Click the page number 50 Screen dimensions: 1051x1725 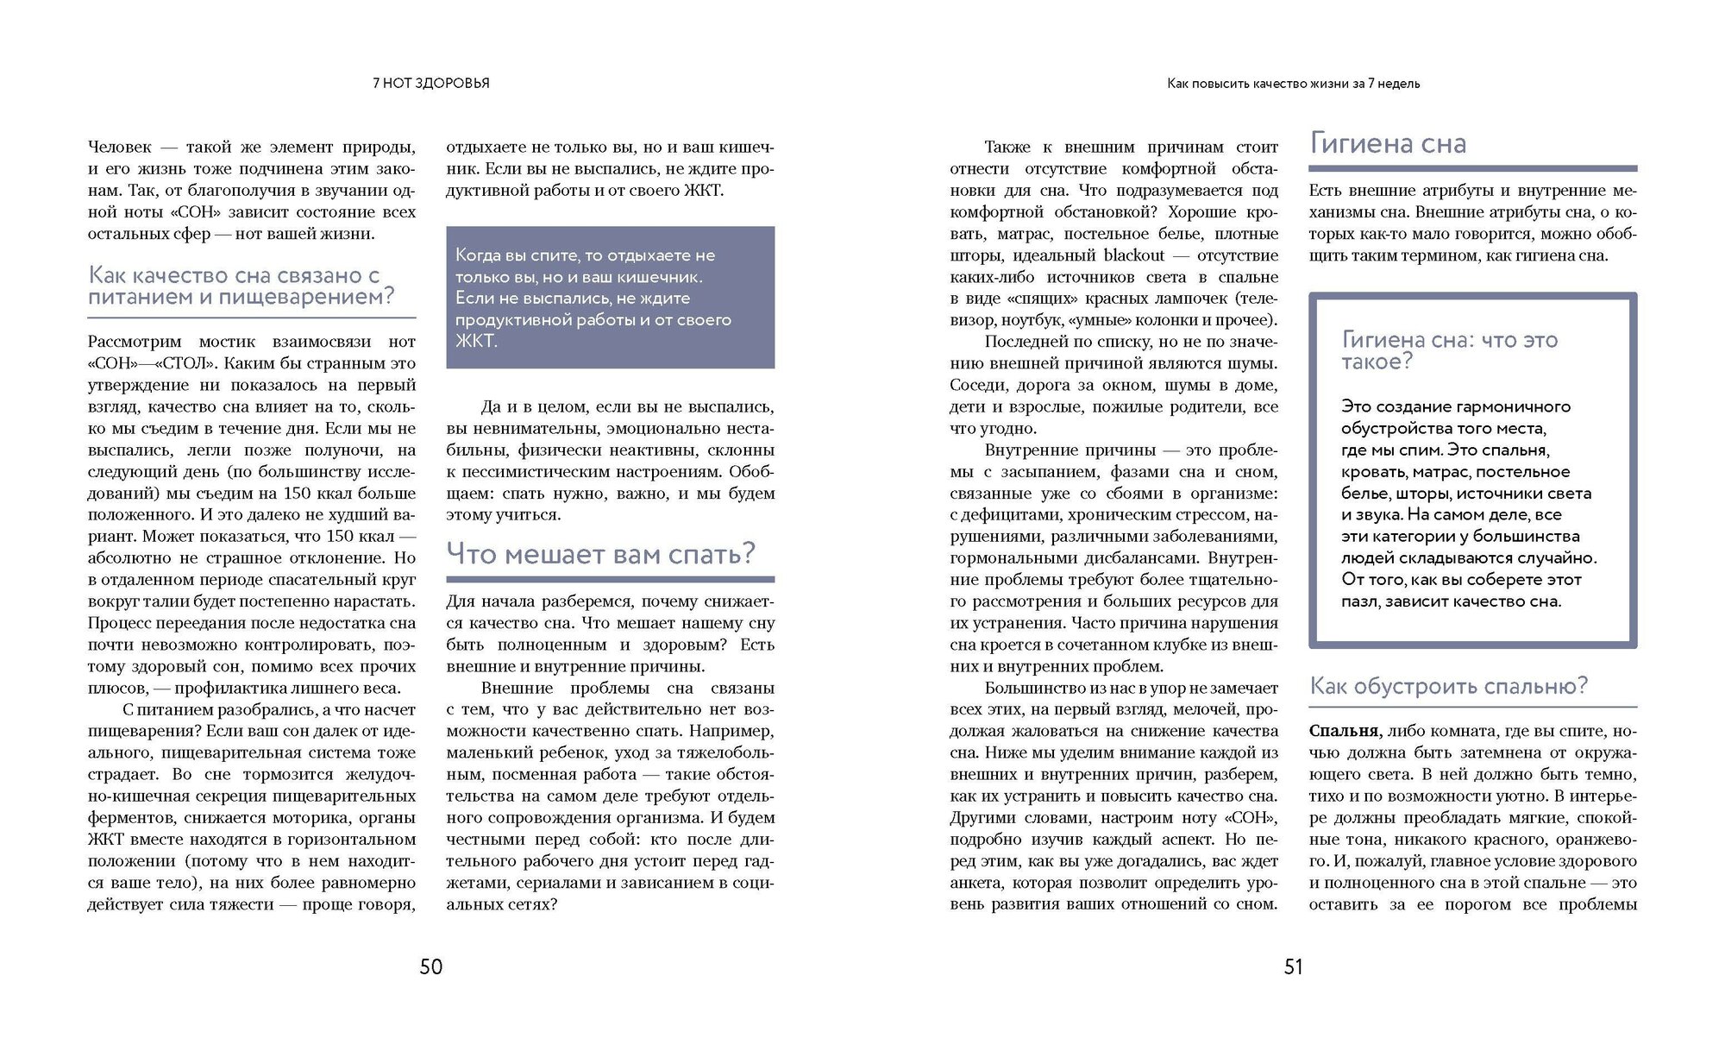(x=430, y=967)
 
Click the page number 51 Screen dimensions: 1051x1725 (x=1293, y=967)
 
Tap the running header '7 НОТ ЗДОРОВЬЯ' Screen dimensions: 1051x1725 (x=430, y=84)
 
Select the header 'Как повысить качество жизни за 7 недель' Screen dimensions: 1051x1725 (x=1293, y=84)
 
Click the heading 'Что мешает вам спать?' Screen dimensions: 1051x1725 (x=600, y=553)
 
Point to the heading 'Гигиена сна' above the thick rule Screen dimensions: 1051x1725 (x=1388, y=143)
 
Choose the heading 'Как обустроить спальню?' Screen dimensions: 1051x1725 (x=1448, y=686)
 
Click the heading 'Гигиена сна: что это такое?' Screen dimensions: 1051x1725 (x=1449, y=350)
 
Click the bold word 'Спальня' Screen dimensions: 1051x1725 (x=1343, y=731)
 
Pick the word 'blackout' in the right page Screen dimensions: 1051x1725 (x=1134, y=255)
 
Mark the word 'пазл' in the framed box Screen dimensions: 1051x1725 (x=1359, y=601)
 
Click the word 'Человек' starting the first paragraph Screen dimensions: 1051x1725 (x=120, y=148)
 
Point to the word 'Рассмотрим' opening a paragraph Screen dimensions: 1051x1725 (x=134, y=342)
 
